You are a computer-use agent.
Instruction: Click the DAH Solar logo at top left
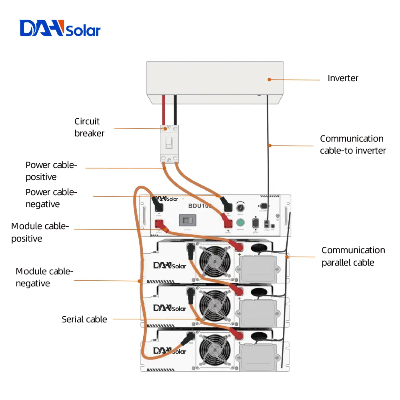[60, 29]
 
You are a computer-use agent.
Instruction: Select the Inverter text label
[343, 78]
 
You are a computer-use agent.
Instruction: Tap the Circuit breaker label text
[89, 127]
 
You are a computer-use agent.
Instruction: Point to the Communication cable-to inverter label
[352, 144]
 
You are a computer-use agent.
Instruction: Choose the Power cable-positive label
[51, 171]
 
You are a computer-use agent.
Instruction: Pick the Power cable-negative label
[51, 198]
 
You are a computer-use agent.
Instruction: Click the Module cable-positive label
[40, 232]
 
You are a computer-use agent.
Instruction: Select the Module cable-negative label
[44, 277]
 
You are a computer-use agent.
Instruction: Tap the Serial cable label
[84, 319]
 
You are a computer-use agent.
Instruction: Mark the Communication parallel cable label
[353, 256]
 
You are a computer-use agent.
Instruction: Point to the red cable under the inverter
[164, 110]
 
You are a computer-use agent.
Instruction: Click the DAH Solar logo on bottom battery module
[170, 351]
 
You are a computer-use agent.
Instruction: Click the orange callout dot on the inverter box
[269, 79]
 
